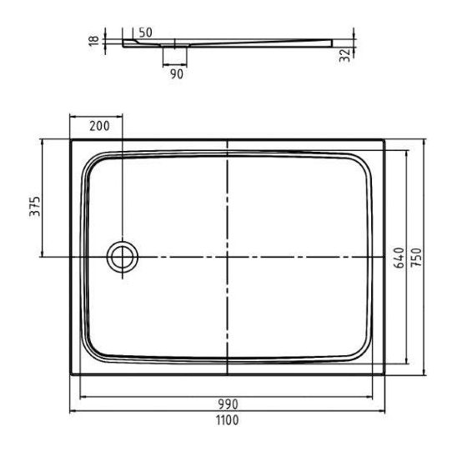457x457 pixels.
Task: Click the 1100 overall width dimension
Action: pos(227,420)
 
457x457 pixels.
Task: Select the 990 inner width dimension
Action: pos(228,404)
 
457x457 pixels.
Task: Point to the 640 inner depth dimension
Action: pos(399,258)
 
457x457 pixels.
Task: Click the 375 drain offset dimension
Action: pos(35,206)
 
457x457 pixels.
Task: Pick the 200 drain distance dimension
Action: pos(99,126)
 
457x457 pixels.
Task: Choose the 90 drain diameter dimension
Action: pos(177,74)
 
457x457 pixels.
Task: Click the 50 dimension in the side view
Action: pos(145,33)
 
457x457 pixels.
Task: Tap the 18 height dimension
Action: pos(94,41)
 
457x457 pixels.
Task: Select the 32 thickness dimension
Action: pos(344,55)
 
